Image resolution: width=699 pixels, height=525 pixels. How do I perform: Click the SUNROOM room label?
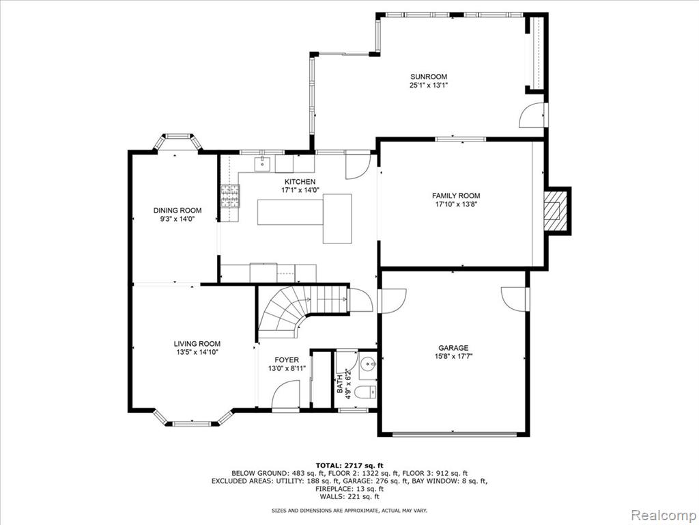tap(429, 77)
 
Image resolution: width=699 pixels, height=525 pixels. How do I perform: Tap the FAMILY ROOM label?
tap(456, 196)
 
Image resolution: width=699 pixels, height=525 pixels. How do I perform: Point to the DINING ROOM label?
tap(177, 211)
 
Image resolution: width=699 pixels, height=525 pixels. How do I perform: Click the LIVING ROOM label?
tap(197, 344)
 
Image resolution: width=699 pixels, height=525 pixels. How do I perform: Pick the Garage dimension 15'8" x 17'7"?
tap(453, 356)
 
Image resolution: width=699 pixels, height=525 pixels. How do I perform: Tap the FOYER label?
tap(287, 360)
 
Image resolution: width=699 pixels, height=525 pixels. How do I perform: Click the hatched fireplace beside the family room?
tap(557, 211)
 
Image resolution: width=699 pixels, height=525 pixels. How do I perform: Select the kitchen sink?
tap(263, 164)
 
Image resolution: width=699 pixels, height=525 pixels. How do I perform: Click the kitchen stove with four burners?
tap(230, 196)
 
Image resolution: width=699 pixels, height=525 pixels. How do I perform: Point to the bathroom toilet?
tap(367, 392)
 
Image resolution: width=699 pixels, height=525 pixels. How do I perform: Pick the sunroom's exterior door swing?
tap(531, 116)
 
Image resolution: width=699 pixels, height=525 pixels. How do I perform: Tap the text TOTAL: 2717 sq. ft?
tap(349, 466)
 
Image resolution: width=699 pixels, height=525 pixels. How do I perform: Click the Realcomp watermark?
tap(664, 515)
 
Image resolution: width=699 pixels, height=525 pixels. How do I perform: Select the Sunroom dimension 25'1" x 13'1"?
tap(429, 85)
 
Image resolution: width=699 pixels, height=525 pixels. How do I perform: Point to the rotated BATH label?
tap(340, 384)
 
